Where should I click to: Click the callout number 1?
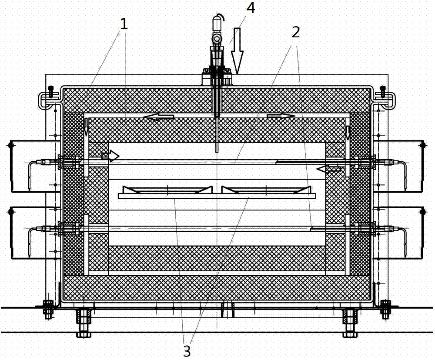point(124,24)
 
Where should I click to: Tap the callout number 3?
point(187,350)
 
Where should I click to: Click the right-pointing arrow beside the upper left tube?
point(110,156)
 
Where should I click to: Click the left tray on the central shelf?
point(165,190)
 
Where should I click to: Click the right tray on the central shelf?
point(267,190)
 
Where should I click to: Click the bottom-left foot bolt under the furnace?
point(83,322)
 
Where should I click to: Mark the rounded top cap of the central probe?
point(217,21)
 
